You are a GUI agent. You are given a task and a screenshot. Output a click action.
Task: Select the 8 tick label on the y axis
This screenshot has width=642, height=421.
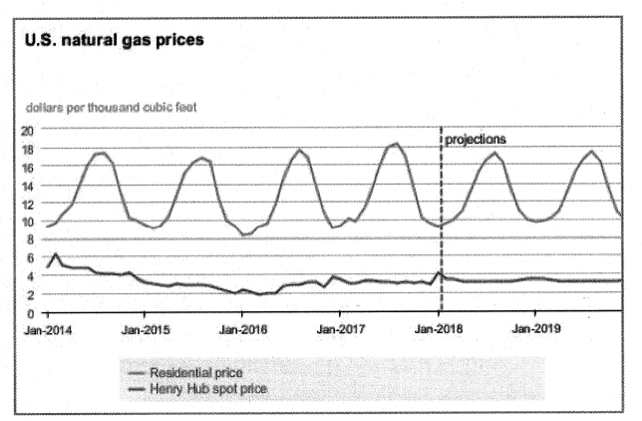(31, 239)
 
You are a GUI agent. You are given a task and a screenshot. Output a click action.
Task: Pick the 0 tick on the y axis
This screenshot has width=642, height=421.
(31, 313)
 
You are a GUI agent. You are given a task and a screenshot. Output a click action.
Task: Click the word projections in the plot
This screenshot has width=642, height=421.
(477, 140)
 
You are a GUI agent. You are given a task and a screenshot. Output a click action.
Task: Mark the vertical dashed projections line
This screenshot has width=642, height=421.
(440, 200)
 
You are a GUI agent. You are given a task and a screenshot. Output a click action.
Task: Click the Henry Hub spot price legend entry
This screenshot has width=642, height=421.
(207, 387)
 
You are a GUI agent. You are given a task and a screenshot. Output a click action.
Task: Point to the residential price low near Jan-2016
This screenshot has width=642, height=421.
(245, 235)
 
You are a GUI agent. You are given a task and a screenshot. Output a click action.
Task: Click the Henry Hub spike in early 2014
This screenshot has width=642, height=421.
(56, 255)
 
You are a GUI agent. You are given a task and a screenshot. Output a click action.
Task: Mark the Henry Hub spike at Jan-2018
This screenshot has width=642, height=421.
(438, 270)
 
